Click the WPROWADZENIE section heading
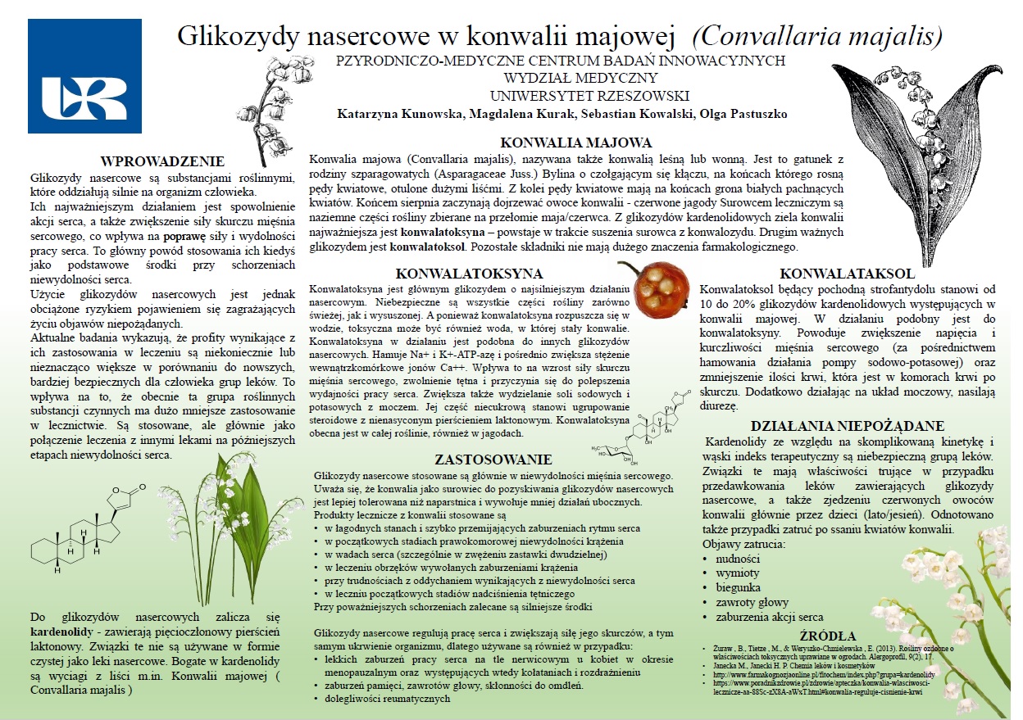tap(162, 161)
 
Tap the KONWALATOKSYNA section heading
tap(457, 274)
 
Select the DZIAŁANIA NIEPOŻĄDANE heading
tap(848, 426)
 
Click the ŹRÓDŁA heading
tap(828, 636)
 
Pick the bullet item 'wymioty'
tap(738, 573)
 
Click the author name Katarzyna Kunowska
tap(398, 113)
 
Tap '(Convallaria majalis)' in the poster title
tap(816, 36)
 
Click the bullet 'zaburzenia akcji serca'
tap(770, 618)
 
